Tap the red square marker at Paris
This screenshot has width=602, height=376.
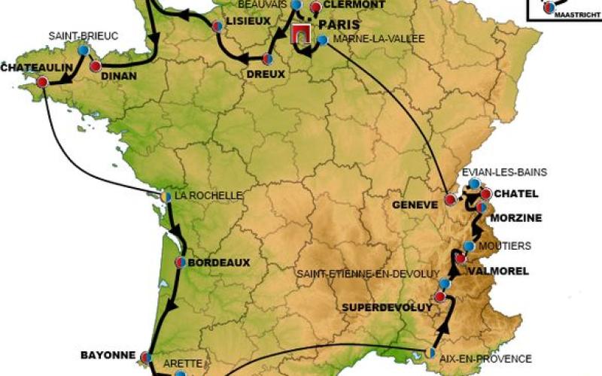(x=302, y=33)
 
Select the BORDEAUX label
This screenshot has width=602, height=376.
(x=218, y=263)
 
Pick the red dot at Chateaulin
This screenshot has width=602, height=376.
(x=42, y=81)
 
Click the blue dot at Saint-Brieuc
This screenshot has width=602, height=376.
(x=83, y=50)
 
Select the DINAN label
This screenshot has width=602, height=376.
(x=118, y=75)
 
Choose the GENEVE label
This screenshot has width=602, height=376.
(x=415, y=204)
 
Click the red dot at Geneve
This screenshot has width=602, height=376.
(x=450, y=199)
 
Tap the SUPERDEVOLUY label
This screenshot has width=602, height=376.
(x=387, y=308)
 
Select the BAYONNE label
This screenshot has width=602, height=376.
(x=108, y=354)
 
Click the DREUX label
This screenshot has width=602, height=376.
(x=266, y=74)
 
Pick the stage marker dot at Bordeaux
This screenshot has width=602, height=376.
(x=181, y=262)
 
